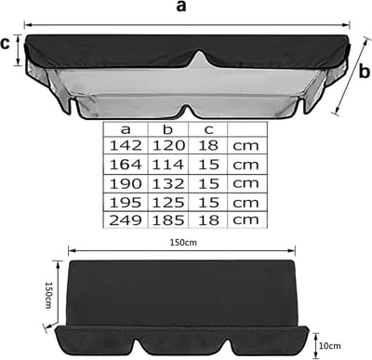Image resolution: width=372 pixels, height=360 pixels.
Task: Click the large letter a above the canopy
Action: (181, 7)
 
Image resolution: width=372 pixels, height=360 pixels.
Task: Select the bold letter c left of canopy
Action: (6, 44)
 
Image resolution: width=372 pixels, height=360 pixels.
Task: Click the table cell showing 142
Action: (126, 145)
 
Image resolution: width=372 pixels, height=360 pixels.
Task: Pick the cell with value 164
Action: (126, 165)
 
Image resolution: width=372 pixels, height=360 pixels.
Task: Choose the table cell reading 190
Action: (126, 184)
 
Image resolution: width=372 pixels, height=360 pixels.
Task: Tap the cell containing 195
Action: (126, 203)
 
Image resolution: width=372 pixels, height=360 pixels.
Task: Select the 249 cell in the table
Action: (126, 220)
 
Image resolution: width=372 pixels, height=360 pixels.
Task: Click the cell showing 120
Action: (168, 145)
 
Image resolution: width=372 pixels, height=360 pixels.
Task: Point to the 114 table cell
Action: (168, 165)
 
